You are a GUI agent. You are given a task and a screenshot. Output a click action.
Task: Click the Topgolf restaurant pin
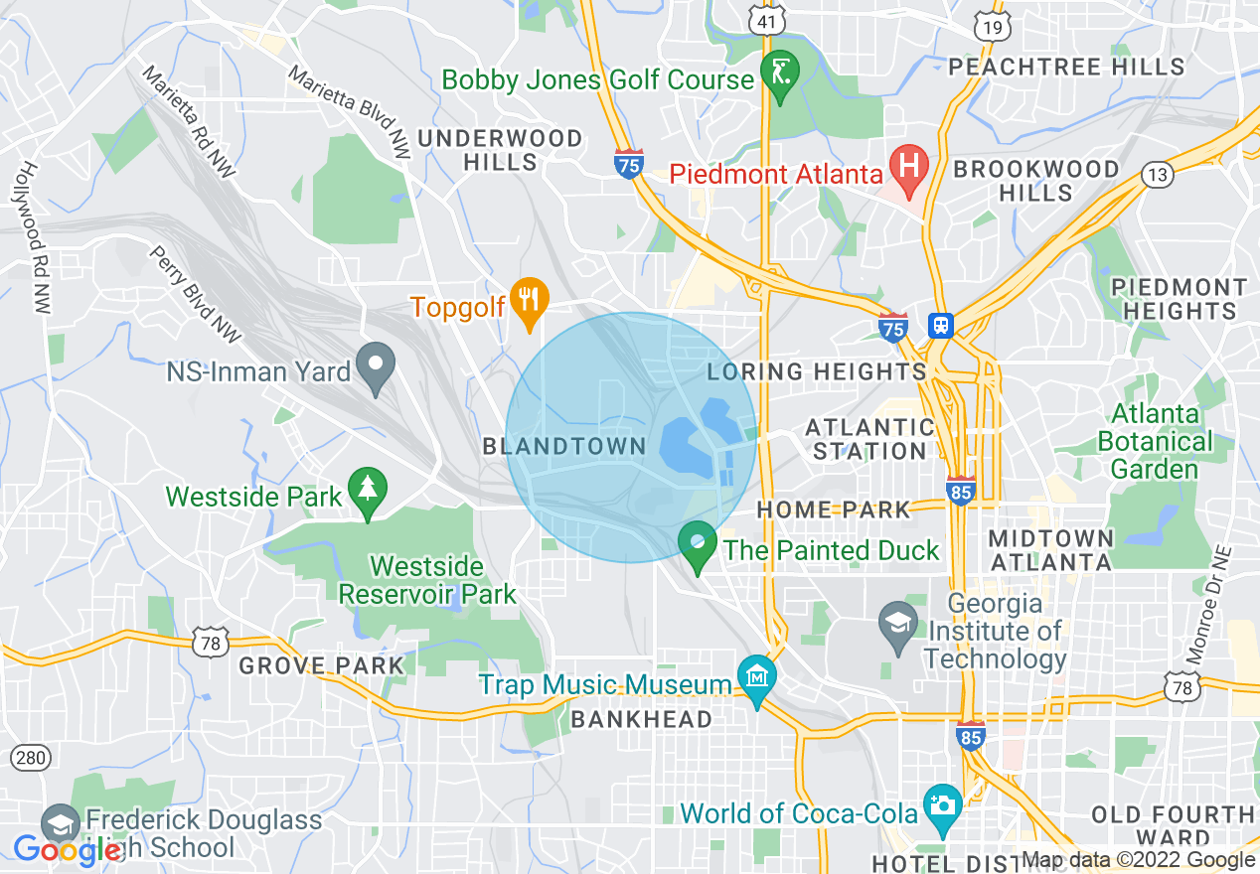pos(530,301)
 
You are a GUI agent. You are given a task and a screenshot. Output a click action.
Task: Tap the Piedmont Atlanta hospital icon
pos(908,167)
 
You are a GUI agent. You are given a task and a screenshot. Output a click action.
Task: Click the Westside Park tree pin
pos(368,491)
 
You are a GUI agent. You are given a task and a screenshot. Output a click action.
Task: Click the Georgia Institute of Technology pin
pos(899,625)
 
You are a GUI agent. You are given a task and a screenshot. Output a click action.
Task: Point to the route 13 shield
pos(1157,175)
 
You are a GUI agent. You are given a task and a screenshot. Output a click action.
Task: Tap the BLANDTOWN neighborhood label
pos(564,446)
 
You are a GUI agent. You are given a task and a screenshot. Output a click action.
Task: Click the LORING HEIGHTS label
pos(816,371)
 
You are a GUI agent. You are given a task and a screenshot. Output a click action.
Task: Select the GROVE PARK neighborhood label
pos(322,664)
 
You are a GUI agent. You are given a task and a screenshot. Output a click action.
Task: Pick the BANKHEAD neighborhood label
pos(642,718)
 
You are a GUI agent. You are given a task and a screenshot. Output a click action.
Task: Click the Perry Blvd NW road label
pos(197,295)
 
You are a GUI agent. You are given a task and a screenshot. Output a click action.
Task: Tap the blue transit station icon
pos(939,324)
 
